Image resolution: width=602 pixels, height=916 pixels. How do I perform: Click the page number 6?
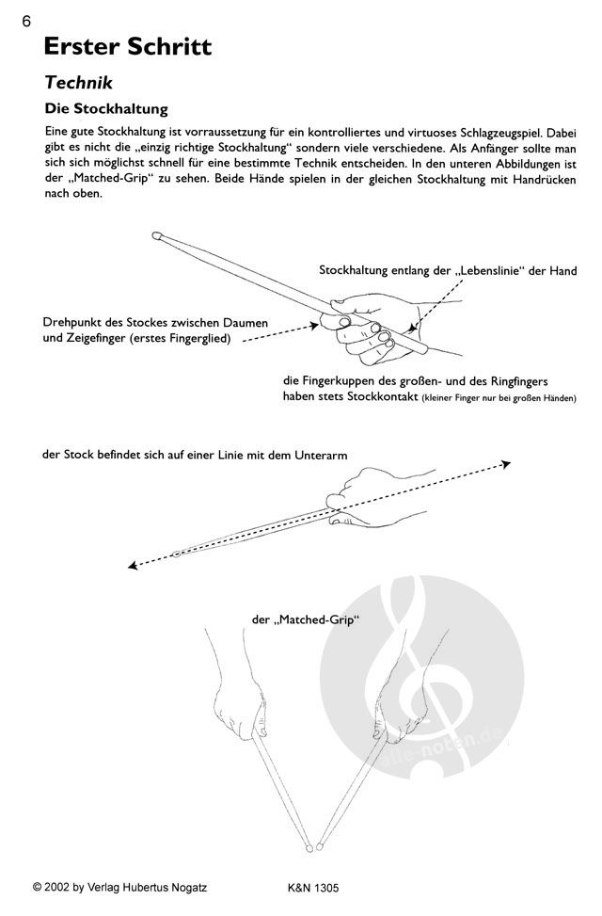coord(12,22)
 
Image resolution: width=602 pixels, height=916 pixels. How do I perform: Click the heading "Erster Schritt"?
coord(127,46)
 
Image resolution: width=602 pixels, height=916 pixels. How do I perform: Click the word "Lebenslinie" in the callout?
coord(495,271)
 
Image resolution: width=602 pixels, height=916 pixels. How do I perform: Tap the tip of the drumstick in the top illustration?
coord(161,237)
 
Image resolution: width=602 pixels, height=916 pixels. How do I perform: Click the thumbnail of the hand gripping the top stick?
coord(344,324)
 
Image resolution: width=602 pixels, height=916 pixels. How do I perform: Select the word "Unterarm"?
coord(320,454)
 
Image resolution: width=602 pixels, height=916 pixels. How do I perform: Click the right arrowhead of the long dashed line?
coord(506,463)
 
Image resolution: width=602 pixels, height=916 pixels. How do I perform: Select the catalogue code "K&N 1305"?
coord(312,887)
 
